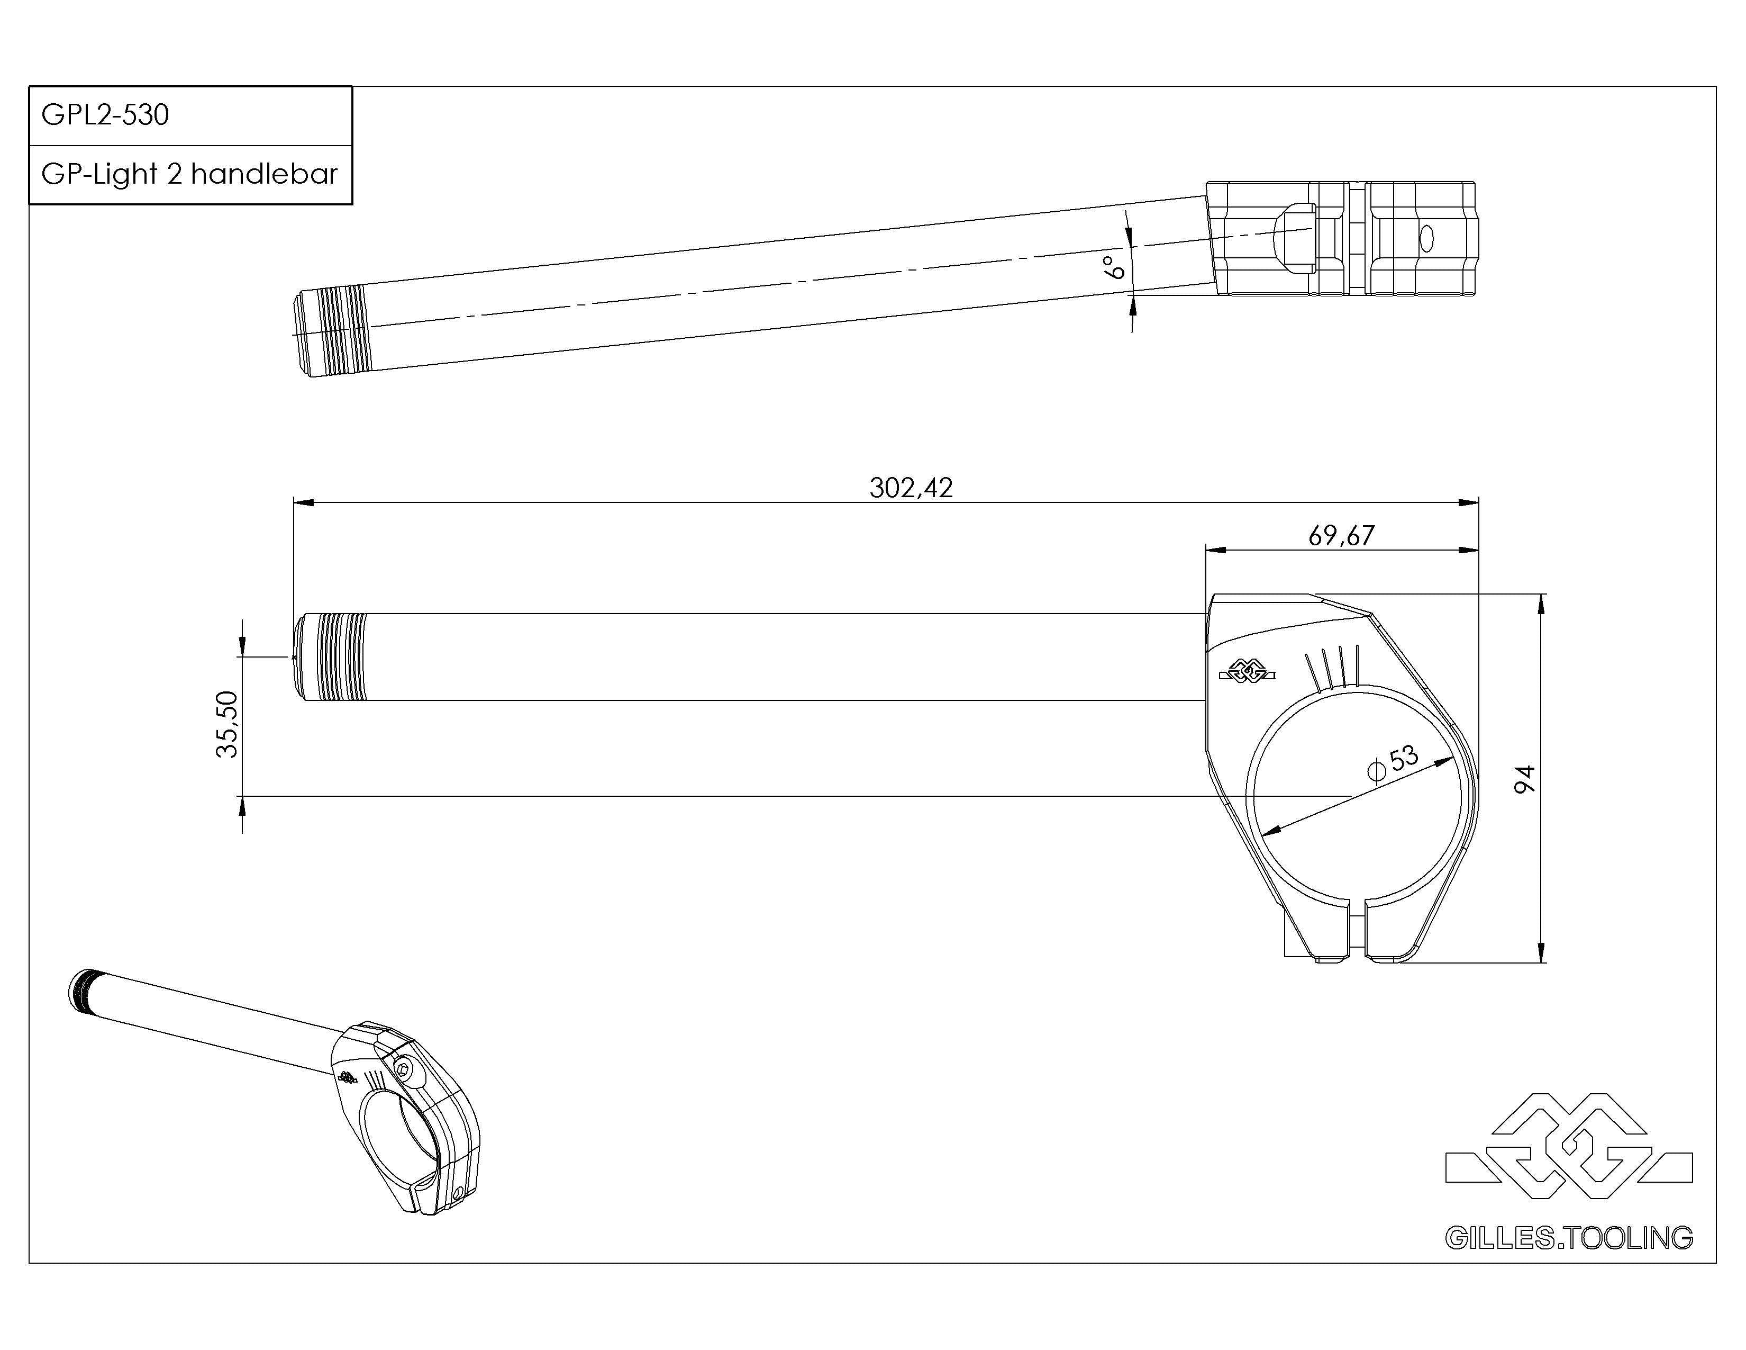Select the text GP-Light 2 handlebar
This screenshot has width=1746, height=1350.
coord(189,174)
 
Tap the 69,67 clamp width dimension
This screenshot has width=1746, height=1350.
coord(1341,535)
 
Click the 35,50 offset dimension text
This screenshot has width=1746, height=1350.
coord(227,724)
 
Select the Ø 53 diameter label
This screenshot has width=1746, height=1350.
coord(1393,761)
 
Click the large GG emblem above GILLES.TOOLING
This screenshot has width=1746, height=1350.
coord(1569,1146)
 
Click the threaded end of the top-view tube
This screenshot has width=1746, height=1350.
coord(332,330)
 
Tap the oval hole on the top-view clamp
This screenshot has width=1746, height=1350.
coord(1426,238)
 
